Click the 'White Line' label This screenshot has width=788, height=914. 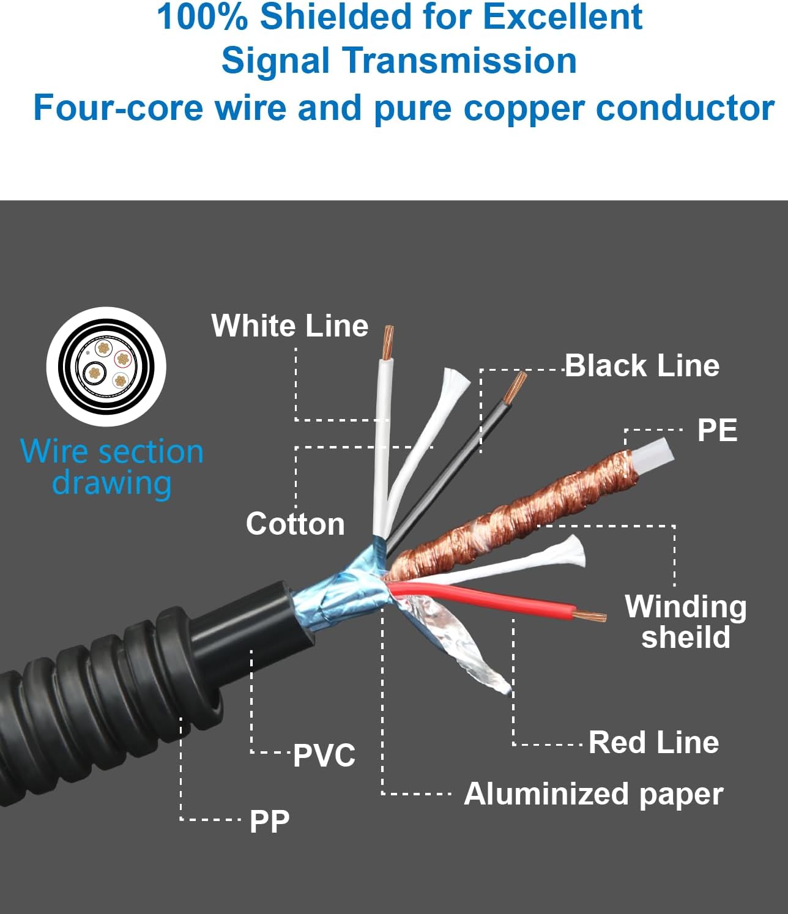289,325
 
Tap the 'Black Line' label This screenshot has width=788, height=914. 641,366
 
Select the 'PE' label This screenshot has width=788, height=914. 716,430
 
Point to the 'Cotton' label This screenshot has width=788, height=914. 295,524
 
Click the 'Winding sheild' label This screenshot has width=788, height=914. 685,622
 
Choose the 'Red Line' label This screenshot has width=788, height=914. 653,742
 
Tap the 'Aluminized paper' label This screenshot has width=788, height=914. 593,794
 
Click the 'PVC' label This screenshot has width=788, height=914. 324,756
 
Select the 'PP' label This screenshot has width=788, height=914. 269,821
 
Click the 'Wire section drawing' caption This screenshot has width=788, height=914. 112,467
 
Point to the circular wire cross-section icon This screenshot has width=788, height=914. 106,366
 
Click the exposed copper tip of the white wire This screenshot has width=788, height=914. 387,343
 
